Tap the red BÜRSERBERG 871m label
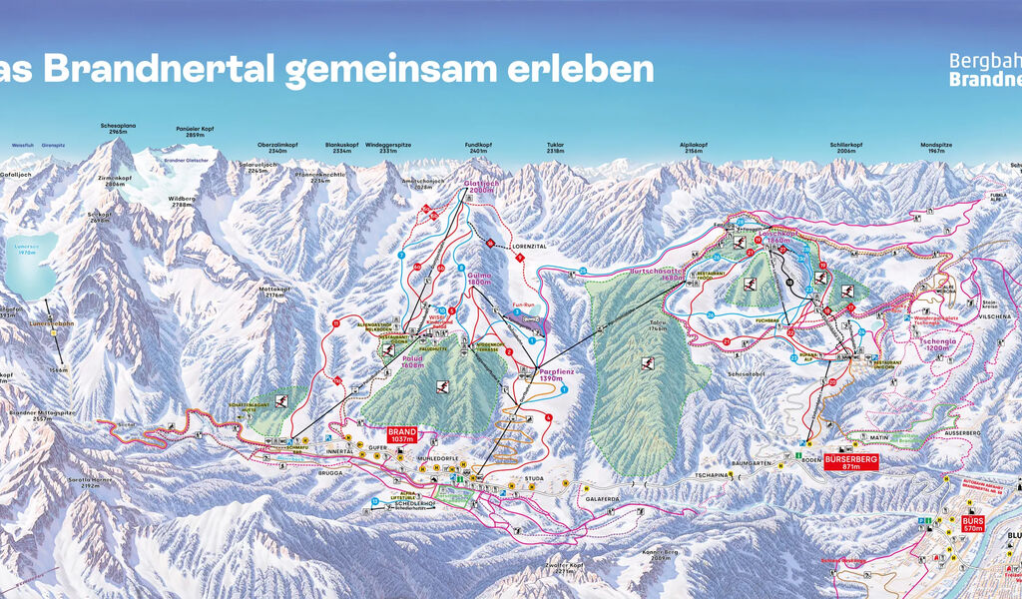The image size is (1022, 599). click(850, 461)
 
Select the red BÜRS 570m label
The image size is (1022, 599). click(972, 525)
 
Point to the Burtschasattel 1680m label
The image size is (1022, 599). click(657, 272)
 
